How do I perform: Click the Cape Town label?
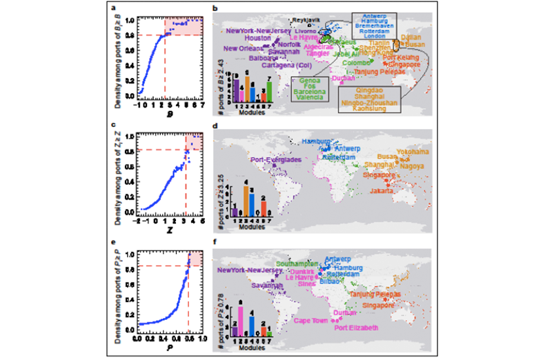click(x=315, y=320)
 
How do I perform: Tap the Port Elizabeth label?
click(x=357, y=328)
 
